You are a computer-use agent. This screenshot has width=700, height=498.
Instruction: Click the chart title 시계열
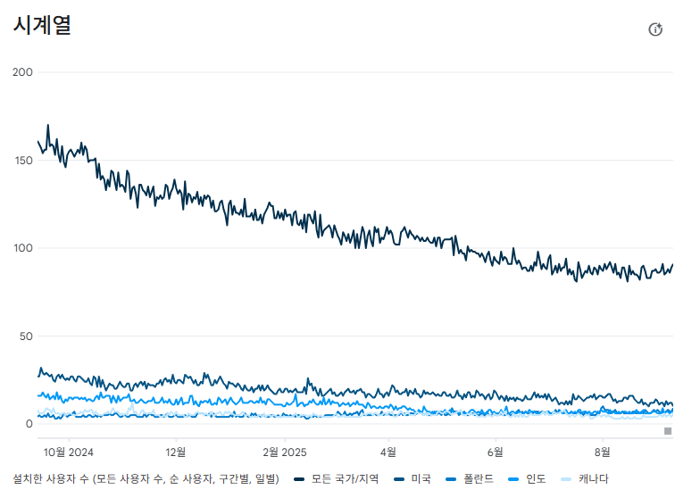42,25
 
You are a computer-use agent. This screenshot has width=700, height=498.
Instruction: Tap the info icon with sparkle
655,29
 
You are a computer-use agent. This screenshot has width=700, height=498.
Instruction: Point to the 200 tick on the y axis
23,71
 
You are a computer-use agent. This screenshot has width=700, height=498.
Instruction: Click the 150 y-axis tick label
23,161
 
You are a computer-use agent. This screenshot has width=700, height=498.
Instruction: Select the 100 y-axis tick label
23,248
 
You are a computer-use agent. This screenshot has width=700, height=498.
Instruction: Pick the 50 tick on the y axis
27,336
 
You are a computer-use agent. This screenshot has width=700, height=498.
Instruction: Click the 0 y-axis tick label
29,424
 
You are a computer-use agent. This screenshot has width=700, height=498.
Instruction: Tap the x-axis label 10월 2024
68,452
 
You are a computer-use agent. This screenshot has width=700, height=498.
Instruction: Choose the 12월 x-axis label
176,452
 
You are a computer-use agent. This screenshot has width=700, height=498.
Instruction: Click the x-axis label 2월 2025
285,452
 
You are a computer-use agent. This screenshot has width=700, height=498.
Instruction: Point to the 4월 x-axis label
388,452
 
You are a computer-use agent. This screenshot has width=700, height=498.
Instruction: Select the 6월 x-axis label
496,452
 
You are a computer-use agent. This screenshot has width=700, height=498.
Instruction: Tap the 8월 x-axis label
602,452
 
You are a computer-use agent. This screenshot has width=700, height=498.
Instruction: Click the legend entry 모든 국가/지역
337,479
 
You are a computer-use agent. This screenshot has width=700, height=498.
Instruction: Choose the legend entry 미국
412,479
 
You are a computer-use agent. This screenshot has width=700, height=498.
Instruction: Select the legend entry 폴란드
470,479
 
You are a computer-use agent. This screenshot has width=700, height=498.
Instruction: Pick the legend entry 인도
527,479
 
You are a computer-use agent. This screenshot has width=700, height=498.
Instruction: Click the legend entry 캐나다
584,479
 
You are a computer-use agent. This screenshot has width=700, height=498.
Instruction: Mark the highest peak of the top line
48,125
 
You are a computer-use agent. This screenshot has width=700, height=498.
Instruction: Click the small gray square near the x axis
668,431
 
